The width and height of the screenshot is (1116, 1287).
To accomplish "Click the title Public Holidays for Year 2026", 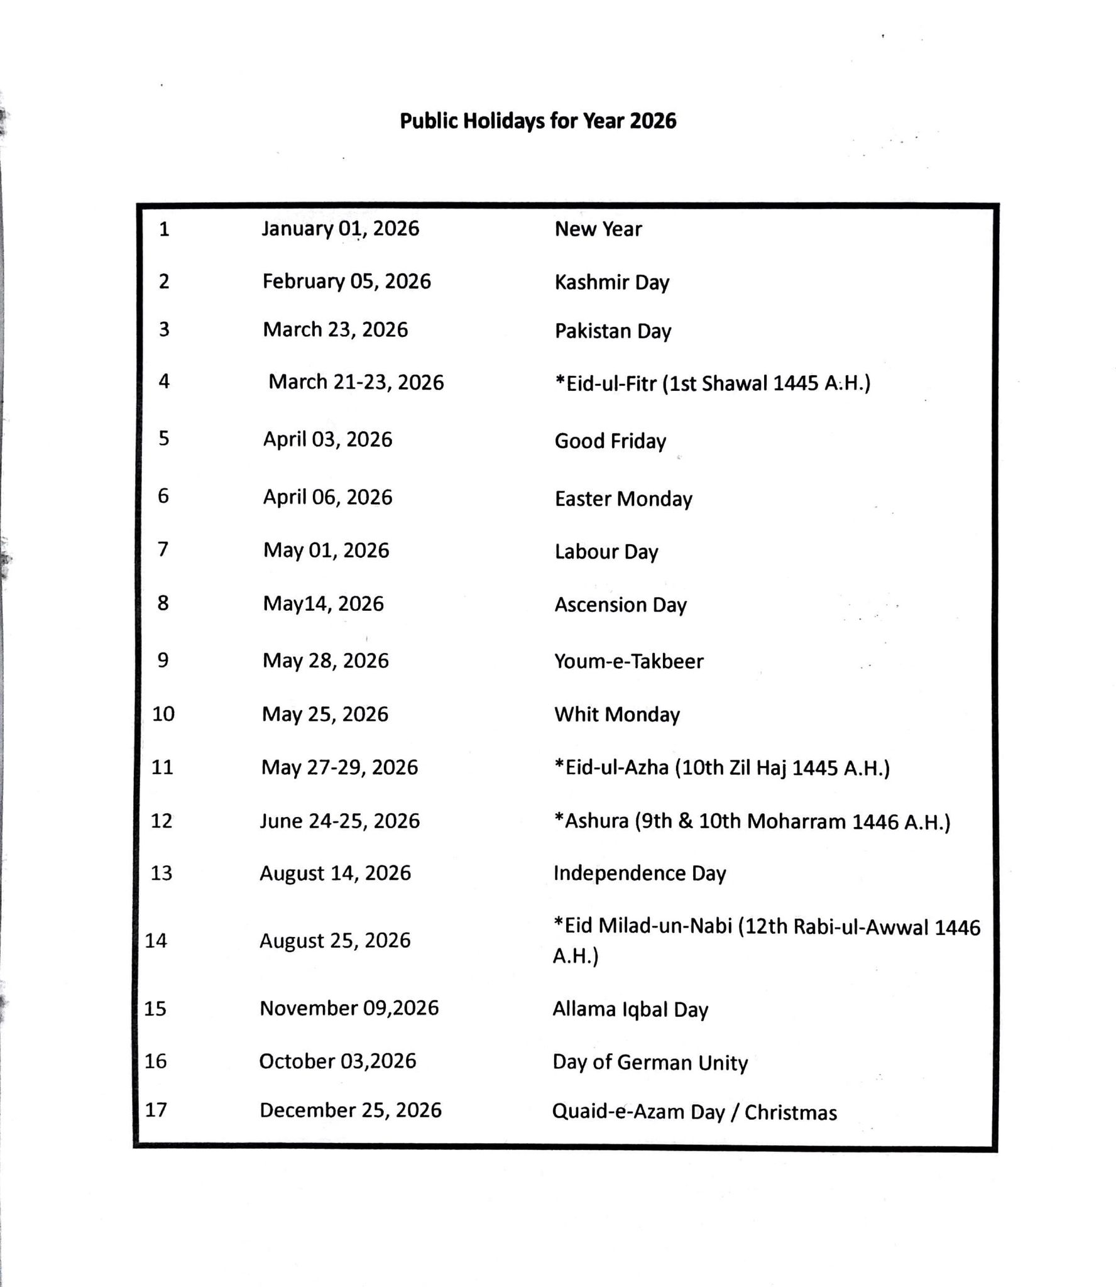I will point(538,121).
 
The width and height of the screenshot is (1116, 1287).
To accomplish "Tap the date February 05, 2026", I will point(347,281).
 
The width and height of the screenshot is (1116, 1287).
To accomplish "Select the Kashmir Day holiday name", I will point(611,282).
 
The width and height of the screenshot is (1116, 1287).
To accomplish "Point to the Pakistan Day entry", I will point(613,331).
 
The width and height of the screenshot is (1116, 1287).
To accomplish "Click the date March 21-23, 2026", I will point(356,382).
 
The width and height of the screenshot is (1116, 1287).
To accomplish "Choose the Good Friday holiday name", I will point(610,441).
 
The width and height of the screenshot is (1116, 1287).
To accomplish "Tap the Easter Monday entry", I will point(623,498).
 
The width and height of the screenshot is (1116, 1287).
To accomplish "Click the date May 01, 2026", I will point(326,550).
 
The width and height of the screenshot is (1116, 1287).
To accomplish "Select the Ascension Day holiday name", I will point(620,605).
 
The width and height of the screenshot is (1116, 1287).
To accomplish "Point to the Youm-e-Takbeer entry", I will point(628,661).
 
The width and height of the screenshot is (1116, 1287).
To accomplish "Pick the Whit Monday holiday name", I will point(616,715).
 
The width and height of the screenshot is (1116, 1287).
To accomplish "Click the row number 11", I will point(162,767).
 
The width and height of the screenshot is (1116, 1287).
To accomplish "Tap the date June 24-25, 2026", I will point(340,821).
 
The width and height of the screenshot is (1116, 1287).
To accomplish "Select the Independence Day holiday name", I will point(639,873).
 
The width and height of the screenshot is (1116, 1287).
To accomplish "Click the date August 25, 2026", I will point(335,940).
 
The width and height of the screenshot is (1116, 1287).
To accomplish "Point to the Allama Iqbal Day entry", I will point(630,1009).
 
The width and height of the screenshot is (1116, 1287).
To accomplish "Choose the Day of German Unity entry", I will point(650,1062).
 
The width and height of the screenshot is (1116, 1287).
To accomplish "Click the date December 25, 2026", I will point(351,1110).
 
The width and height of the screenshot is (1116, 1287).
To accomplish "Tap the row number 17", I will point(156,1110).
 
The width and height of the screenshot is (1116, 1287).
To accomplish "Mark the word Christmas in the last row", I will point(790,1112).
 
